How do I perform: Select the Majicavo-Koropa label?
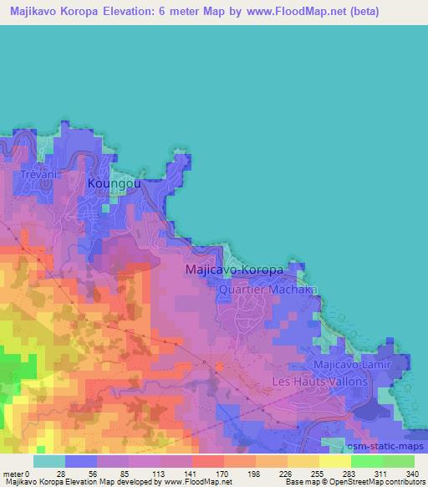click(236, 271)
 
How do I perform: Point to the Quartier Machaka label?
click(259, 290)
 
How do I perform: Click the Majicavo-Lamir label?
click(350, 366)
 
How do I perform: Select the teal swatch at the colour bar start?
click(48, 461)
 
